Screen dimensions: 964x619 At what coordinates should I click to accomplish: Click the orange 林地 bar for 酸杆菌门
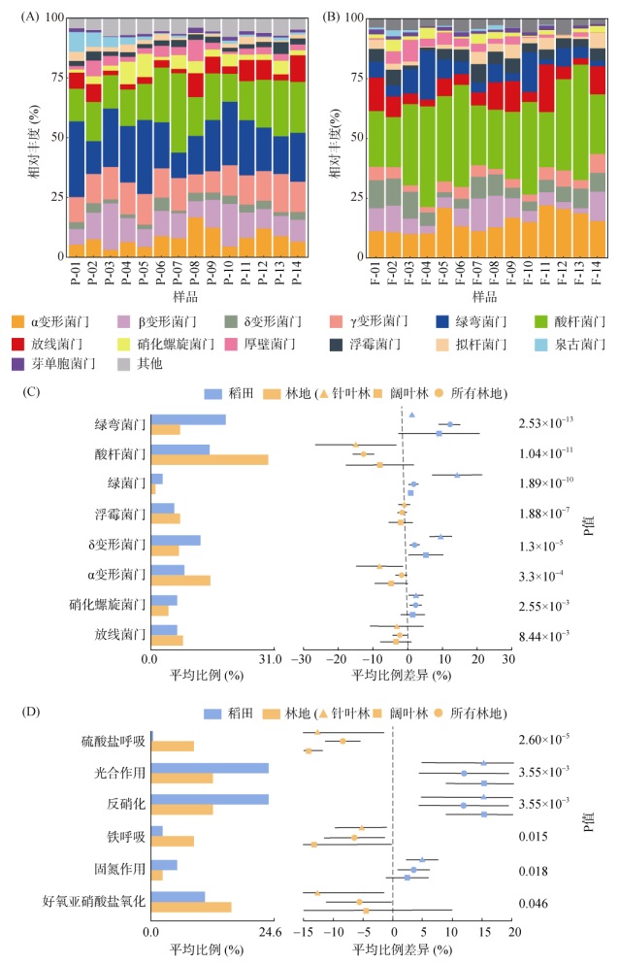point(210,459)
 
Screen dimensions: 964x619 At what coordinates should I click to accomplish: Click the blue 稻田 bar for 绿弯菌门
point(188,419)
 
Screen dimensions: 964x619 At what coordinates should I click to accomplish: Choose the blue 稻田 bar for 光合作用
point(210,768)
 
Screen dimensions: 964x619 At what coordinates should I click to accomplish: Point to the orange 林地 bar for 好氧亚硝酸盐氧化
point(191,906)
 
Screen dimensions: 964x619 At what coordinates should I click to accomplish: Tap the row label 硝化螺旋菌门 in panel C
point(108,605)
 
